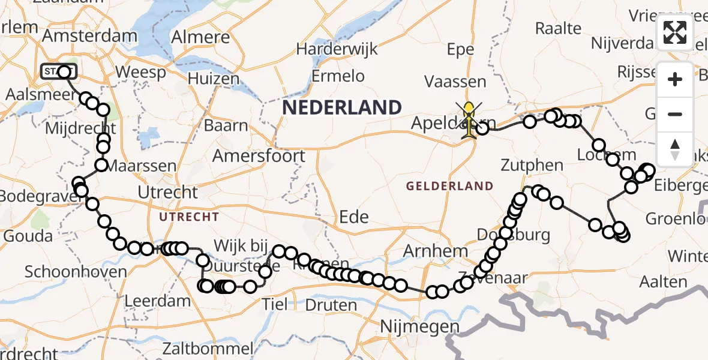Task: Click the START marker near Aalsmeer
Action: (58, 72)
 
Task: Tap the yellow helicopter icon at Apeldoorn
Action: (469, 119)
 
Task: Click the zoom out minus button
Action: (675, 114)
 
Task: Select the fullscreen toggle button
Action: (675, 32)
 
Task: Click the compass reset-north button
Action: (675, 149)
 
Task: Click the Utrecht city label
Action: (167, 193)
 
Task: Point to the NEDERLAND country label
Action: (342, 108)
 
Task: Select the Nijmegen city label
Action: (421, 328)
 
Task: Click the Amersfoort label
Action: (260, 157)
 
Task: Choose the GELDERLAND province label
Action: (449, 186)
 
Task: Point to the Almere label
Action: (200, 37)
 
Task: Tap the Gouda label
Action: (28, 236)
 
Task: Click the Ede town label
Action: (354, 217)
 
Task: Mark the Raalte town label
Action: (558, 28)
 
